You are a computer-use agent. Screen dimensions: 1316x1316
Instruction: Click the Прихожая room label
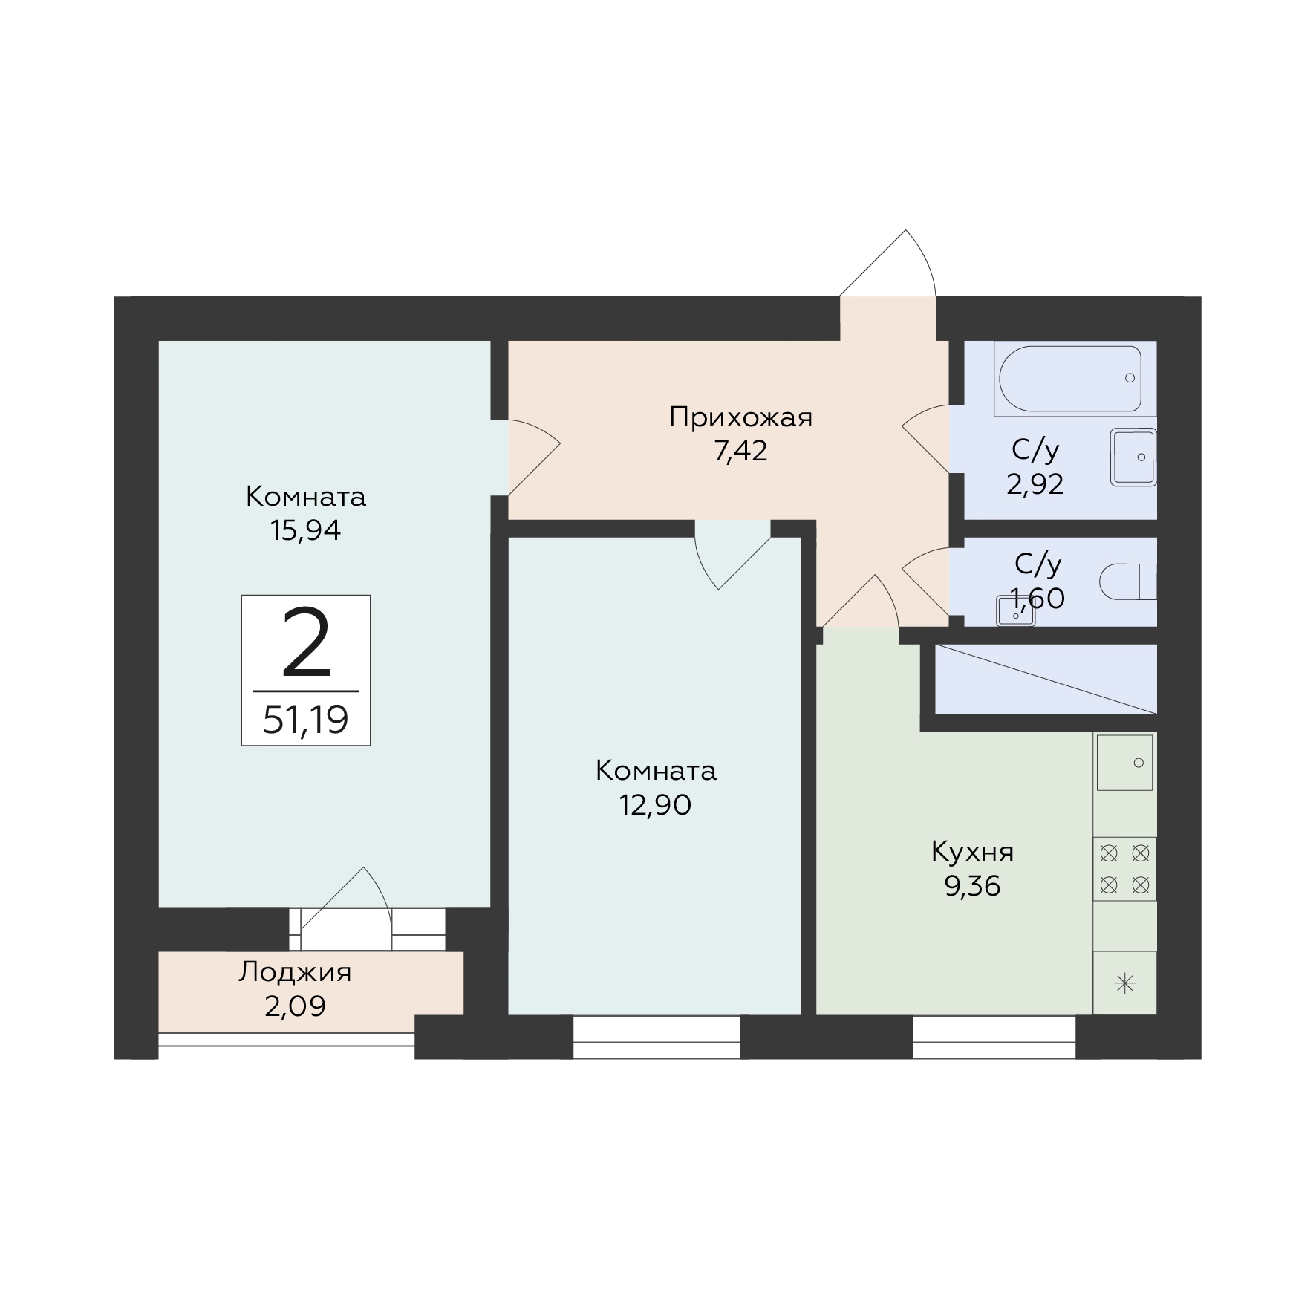[740, 418]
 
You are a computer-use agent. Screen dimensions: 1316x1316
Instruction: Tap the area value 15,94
[306, 530]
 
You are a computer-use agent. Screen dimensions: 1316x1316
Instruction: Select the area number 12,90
[656, 805]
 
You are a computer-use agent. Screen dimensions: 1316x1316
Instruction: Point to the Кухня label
[972, 853]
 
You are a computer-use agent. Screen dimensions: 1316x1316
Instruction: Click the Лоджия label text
[295, 972]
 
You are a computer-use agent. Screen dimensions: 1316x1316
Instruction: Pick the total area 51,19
[305, 720]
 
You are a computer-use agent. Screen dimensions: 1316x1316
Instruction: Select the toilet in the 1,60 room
[1127, 582]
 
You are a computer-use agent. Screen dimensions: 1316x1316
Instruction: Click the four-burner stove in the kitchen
[1124, 869]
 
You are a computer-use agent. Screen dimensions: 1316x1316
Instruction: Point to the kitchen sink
[1124, 763]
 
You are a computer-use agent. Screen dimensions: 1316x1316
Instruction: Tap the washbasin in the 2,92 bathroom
[1133, 457]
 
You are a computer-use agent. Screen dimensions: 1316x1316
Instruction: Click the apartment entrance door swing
[887, 264]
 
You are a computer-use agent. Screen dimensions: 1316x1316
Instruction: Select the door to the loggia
[345, 908]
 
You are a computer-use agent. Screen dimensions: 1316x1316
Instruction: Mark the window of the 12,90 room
[657, 1037]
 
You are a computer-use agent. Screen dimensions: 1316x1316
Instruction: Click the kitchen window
[994, 1037]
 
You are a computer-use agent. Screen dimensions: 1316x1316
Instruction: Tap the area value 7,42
[740, 451]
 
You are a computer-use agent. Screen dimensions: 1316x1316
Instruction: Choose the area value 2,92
[1035, 484]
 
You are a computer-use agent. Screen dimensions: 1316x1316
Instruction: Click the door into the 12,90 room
[732, 555]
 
